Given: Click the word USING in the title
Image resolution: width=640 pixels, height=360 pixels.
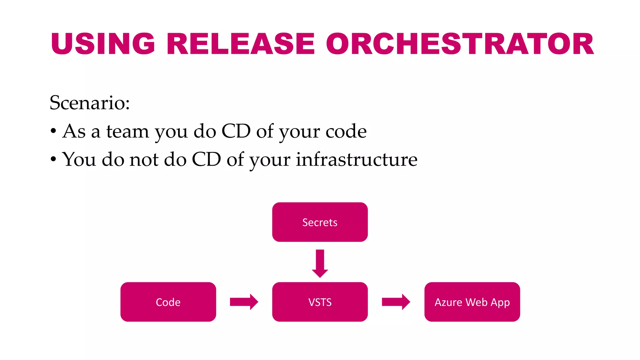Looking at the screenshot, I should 103,44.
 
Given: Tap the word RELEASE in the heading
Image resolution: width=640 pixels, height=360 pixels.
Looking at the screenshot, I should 241,44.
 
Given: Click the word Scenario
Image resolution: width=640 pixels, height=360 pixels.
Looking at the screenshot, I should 89,102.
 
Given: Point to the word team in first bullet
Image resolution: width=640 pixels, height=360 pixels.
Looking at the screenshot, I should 127,131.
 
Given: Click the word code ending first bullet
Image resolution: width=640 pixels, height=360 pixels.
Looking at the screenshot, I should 346,131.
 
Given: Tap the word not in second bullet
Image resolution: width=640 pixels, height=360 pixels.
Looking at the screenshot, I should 144,159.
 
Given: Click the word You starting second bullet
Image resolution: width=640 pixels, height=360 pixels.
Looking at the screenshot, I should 79,159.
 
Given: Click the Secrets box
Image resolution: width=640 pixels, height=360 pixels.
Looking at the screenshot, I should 320,222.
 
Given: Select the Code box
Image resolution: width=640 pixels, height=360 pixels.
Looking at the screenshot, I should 168,302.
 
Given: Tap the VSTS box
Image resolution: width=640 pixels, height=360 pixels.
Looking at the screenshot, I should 320,302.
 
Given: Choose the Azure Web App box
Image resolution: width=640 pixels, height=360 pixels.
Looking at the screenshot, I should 472,302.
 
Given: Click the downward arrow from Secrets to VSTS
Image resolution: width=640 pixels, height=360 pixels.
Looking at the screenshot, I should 320,263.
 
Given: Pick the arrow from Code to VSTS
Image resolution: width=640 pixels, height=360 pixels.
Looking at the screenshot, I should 244,302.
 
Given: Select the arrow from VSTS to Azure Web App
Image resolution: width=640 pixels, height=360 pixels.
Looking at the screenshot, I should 396,302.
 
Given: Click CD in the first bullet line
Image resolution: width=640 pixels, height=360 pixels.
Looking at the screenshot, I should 236,131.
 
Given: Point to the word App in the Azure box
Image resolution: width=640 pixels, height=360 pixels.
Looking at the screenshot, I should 500,302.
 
